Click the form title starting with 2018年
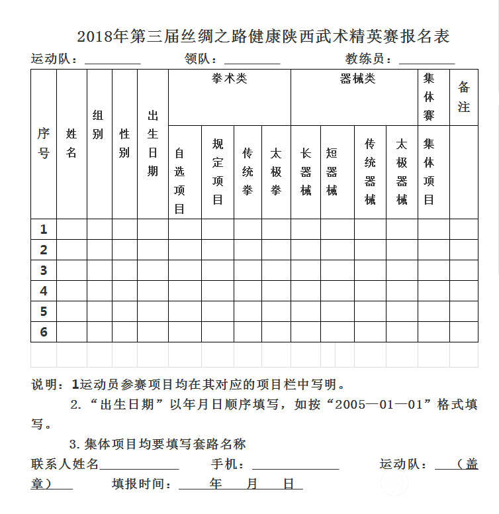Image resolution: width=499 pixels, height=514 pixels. [263, 36]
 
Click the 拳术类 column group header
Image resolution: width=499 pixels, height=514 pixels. [229, 79]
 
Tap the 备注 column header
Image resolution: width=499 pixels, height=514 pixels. [463, 97]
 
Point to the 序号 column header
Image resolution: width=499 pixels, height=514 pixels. [44, 143]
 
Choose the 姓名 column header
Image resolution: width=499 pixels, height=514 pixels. [71, 143]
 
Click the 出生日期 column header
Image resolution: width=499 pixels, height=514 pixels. [153, 143]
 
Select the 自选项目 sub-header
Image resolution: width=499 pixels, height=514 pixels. [179, 181]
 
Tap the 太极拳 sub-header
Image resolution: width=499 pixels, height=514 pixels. [276, 172]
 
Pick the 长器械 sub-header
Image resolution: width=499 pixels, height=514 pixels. [306, 172]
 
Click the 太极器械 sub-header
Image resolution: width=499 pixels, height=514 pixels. [402, 172]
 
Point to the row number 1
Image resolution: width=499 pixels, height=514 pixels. [44, 229]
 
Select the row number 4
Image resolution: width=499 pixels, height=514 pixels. [44, 291]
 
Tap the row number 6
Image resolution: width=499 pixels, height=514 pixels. [44, 332]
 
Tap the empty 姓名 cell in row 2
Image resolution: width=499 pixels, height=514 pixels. [71, 250]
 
